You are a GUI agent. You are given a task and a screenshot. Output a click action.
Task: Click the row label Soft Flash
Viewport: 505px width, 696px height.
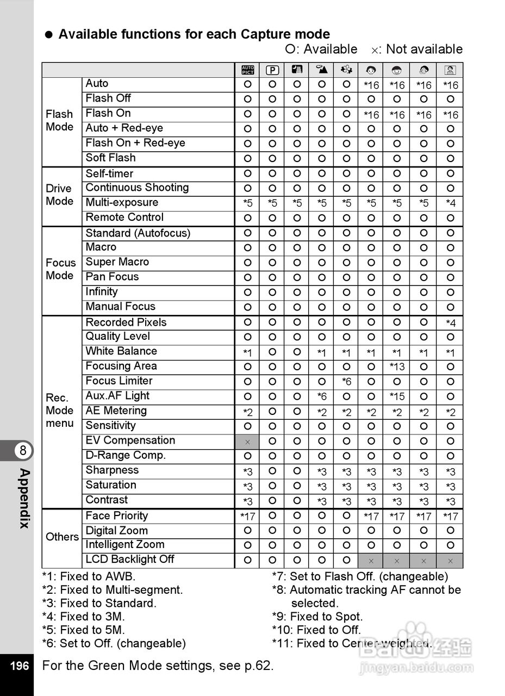pyautogui.click(x=111, y=158)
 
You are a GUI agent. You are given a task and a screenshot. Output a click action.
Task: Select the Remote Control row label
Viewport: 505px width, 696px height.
pyautogui.click(x=124, y=217)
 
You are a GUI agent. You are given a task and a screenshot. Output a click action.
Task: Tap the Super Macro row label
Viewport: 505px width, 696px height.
pyautogui.click(x=117, y=262)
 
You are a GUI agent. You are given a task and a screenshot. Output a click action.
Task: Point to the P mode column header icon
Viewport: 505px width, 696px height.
pyautogui.click(x=272, y=70)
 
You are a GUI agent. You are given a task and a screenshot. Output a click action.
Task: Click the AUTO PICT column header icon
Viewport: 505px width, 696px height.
pyautogui.click(x=248, y=70)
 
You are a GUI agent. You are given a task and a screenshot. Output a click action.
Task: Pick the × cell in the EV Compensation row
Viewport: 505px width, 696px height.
pyautogui.click(x=248, y=442)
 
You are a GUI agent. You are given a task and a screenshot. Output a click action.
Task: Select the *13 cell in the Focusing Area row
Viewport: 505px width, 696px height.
pyautogui.click(x=397, y=368)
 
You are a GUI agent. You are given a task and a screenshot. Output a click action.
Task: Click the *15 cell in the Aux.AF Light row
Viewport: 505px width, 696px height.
pyautogui.click(x=397, y=397)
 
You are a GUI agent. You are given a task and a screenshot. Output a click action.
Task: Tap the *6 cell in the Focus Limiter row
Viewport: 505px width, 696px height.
pyautogui.click(x=347, y=382)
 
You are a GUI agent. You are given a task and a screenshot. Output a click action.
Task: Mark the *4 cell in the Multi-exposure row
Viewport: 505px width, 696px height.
pyautogui.click(x=451, y=204)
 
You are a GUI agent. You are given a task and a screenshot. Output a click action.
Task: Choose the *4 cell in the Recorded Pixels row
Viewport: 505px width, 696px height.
pyautogui.click(x=451, y=324)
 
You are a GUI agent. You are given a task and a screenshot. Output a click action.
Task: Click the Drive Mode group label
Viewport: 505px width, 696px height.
pyautogui.click(x=59, y=195)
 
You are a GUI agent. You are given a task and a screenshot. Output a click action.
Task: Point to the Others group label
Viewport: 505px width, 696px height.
pyautogui.click(x=62, y=537)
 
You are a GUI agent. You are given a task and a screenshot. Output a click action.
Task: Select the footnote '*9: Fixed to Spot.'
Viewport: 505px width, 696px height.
pyautogui.click(x=317, y=617)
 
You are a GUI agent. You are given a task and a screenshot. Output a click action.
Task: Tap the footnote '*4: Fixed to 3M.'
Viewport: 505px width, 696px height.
pyautogui.click(x=84, y=617)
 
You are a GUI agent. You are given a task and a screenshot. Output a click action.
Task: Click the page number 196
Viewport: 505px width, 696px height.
pyautogui.click(x=20, y=666)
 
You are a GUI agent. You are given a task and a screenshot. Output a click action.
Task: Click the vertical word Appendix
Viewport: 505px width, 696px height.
pyautogui.click(x=24, y=498)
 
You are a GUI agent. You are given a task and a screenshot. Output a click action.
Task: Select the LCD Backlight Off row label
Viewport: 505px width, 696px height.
pyautogui.click(x=130, y=560)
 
